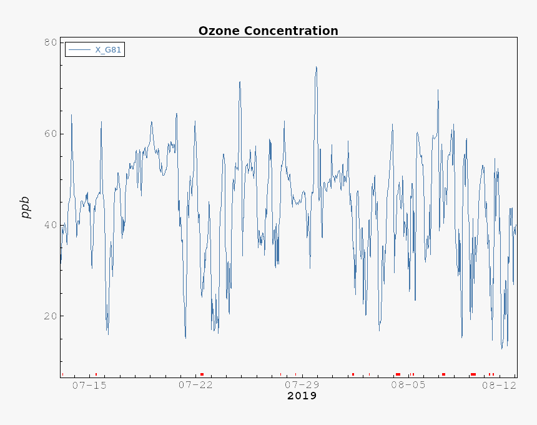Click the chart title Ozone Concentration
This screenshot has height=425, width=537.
(268, 31)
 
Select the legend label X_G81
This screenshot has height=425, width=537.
(108, 50)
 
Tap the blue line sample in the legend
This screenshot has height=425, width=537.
(80, 50)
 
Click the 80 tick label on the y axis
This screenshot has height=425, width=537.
(50, 42)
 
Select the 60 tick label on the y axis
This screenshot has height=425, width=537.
(50, 134)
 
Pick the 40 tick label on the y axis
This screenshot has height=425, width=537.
(50, 225)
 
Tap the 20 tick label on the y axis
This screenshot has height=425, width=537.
(50, 316)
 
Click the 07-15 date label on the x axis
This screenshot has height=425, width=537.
(89, 386)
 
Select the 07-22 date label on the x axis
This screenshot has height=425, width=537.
(195, 386)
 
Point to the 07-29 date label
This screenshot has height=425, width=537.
(302, 386)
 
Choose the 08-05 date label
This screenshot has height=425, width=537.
(408, 386)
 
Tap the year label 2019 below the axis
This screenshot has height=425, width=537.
(302, 396)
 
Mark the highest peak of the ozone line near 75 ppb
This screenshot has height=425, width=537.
(317, 67)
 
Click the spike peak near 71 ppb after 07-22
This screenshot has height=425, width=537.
(239, 81)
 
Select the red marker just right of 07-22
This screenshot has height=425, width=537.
(202, 374)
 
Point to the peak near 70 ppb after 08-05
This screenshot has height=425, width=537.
(438, 89)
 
